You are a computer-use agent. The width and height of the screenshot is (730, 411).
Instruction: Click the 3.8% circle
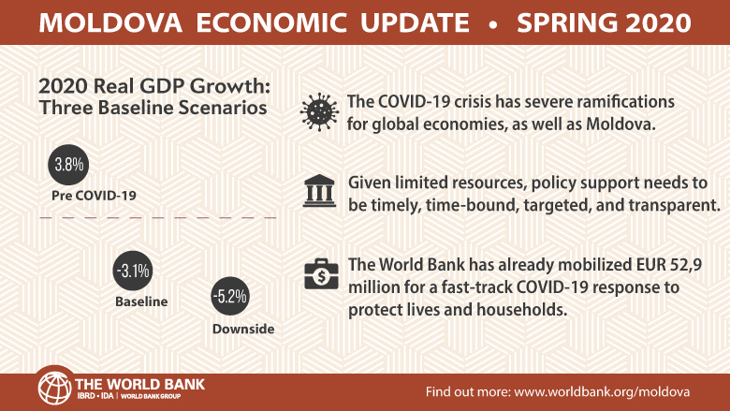(68, 165)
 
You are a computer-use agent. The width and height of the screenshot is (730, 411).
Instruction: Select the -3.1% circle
(133, 271)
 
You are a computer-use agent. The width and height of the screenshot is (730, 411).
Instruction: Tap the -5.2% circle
(230, 296)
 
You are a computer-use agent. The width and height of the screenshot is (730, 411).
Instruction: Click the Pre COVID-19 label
(94, 196)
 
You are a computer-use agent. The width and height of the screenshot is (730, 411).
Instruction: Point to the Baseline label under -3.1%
(141, 301)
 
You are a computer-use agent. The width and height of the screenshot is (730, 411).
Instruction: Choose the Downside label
(243, 329)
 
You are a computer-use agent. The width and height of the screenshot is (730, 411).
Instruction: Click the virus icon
(319, 112)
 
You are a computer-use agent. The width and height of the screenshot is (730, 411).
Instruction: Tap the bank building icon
(319, 191)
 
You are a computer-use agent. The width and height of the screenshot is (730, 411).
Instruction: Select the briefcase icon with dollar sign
(321, 274)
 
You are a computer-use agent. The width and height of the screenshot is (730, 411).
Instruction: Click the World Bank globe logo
(55, 388)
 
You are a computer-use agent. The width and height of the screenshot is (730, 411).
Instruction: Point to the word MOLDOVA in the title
(110, 22)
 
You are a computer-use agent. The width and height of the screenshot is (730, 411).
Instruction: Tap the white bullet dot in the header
(493, 23)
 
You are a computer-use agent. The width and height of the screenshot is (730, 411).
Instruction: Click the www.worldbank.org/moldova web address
(602, 391)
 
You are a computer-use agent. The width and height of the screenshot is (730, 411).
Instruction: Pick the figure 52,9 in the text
(686, 265)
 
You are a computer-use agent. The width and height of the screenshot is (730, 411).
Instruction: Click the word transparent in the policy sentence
(675, 205)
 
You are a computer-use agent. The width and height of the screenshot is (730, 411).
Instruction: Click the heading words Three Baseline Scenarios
(153, 108)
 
